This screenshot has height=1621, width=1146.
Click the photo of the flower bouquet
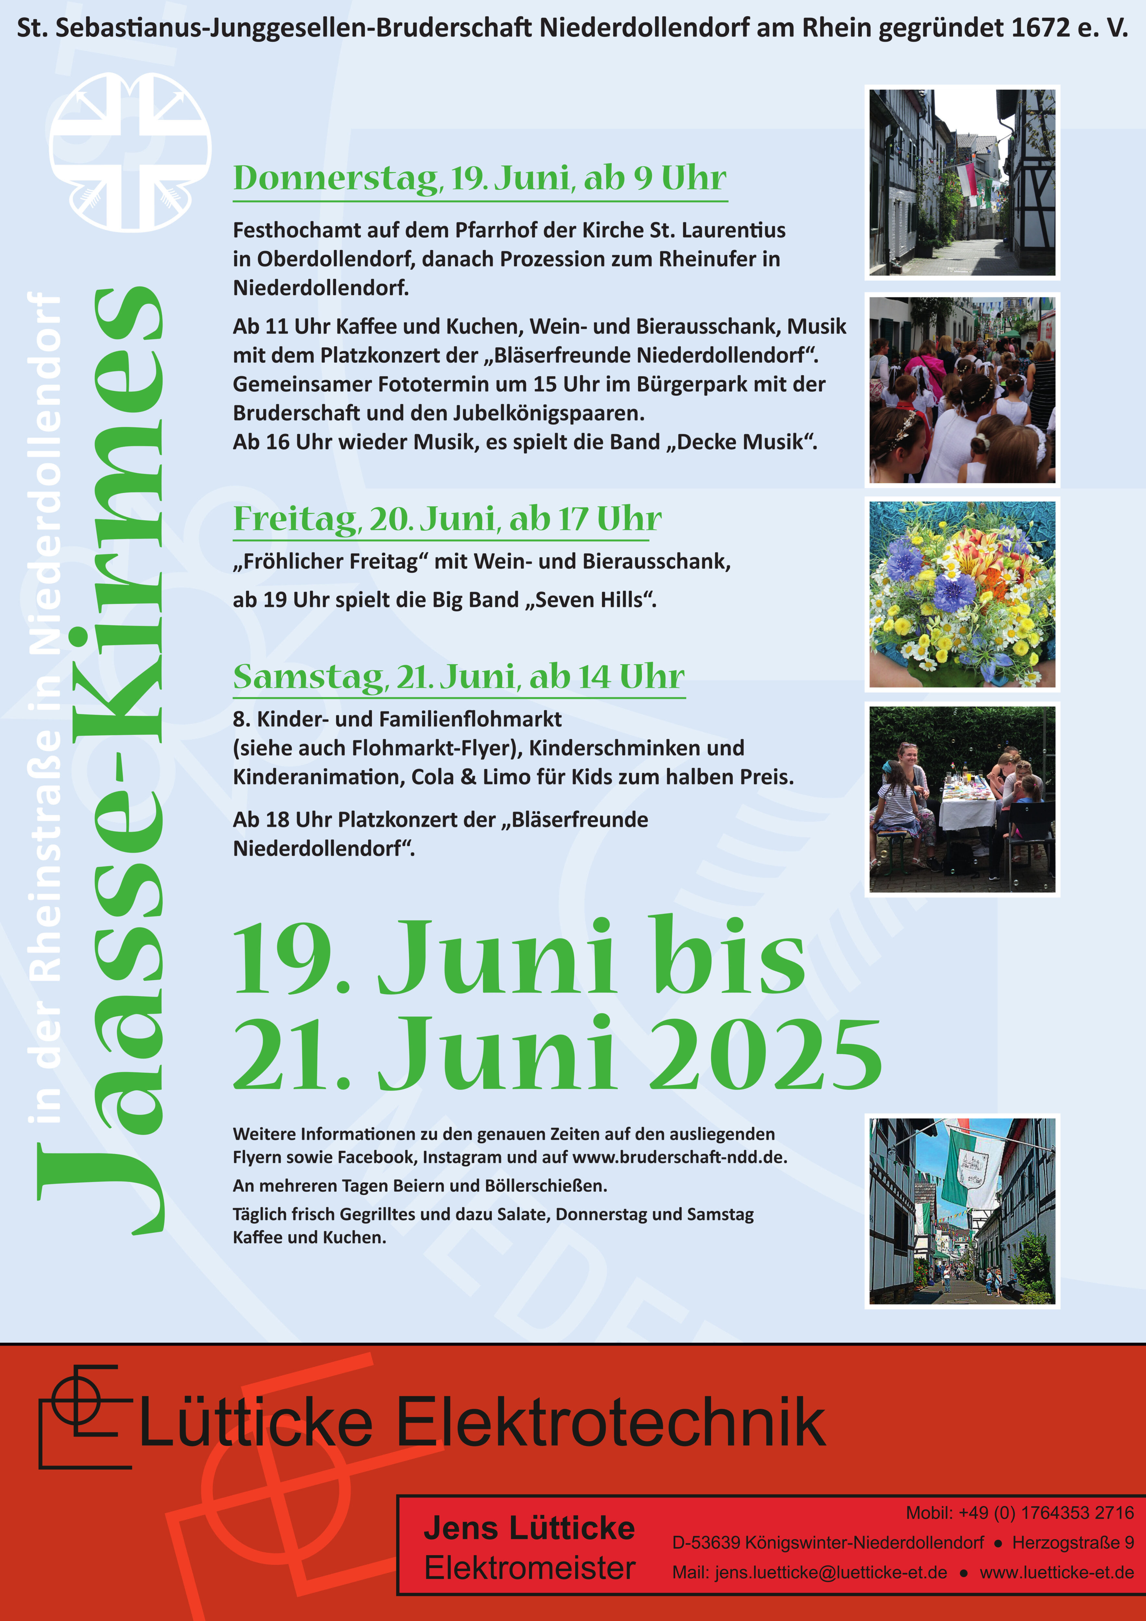click(x=962, y=594)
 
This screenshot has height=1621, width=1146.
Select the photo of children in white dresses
click(x=962, y=390)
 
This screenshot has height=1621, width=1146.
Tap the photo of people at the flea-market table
click(x=962, y=799)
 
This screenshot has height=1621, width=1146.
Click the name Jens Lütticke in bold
click(x=529, y=1528)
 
